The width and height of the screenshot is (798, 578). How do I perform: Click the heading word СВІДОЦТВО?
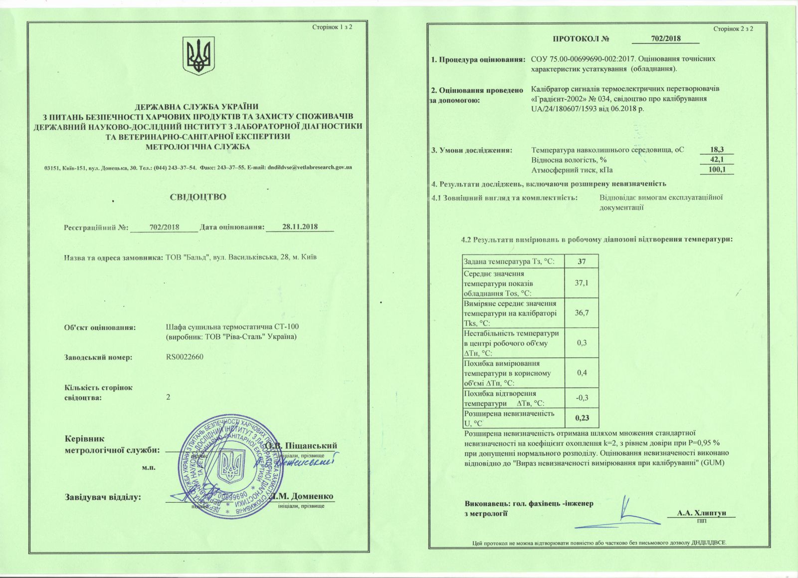(x=198, y=197)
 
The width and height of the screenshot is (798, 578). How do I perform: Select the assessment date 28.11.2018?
(x=300, y=227)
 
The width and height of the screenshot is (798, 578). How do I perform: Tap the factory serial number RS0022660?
(x=185, y=357)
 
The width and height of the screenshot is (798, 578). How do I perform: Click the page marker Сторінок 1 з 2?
(x=332, y=26)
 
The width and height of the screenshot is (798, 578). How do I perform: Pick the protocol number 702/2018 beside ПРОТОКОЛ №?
(x=666, y=39)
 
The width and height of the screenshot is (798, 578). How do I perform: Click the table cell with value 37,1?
(x=581, y=283)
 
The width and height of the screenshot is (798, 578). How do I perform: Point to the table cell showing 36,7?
(x=581, y=313)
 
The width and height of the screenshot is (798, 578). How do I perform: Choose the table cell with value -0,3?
(x=581, y=398)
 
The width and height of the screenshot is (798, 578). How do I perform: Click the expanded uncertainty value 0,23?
(x=581, y=418)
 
